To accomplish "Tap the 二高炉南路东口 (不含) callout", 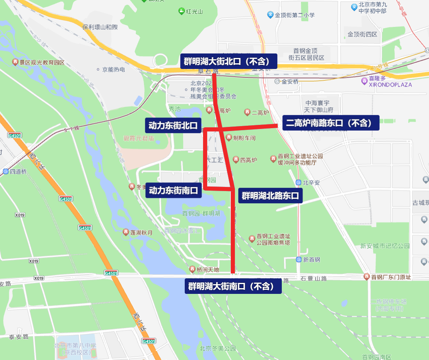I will pos(330,123).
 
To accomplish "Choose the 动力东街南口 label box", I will pos(174,190).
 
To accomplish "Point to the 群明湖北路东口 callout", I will pos(270,196).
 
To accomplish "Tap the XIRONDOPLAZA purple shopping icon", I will pos(364,81).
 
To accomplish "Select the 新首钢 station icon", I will pos(299,260).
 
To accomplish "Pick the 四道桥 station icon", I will pos(6,171).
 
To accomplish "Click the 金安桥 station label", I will pos(290,82).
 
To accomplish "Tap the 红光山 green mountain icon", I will pos(182,11).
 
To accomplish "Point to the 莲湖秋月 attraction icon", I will pos(126,232).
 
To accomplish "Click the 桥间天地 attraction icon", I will pos(193,269).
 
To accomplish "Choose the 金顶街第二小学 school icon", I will pos(270,15).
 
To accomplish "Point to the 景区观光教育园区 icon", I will pos(15,62).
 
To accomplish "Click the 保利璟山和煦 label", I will pos(100,27).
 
